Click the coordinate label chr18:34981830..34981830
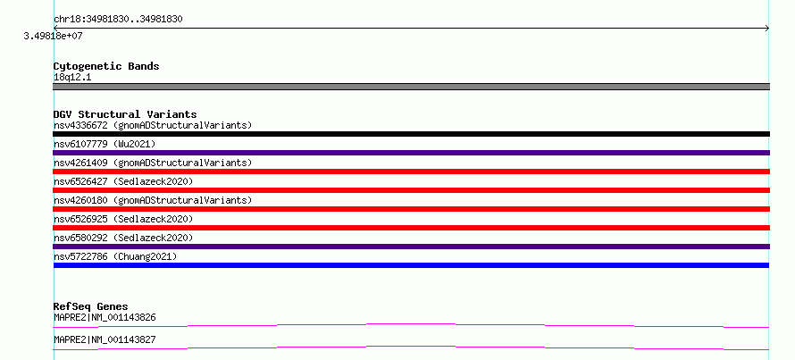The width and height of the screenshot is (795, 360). [x=118, y=20]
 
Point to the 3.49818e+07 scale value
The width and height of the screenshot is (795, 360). [x=54, y=36]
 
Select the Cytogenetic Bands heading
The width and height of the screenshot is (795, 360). [x=106, y=66]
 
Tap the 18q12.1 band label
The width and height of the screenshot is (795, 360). [x=72, y=78]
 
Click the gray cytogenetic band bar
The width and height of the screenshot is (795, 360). [x=411, y=87]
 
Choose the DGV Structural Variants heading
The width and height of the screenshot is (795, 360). [x=125, y=114]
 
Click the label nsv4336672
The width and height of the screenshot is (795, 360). [x=80, y=125]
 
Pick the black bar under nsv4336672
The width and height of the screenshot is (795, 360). [x=411, y=134]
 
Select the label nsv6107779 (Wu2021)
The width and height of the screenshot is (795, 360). [x=105, y=144]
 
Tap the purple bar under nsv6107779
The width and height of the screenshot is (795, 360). [x=411, y=153]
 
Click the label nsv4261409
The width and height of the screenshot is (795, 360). [x=80, y=163]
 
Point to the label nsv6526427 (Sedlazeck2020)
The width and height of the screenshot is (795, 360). [x=123, y=181]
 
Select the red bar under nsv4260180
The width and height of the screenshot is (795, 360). [x=411, y=209]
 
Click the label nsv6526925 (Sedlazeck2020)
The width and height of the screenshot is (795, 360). [x=123, y=219]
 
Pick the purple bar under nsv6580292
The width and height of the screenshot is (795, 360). [x=411, y=247]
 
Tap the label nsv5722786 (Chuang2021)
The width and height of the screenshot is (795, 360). [x=115, y=256]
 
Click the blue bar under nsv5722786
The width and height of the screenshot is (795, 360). [x=411, y=265]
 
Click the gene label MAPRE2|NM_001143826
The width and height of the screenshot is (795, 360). [x=105, y=318]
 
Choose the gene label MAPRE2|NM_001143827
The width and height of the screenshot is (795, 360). [x=105, y=339]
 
